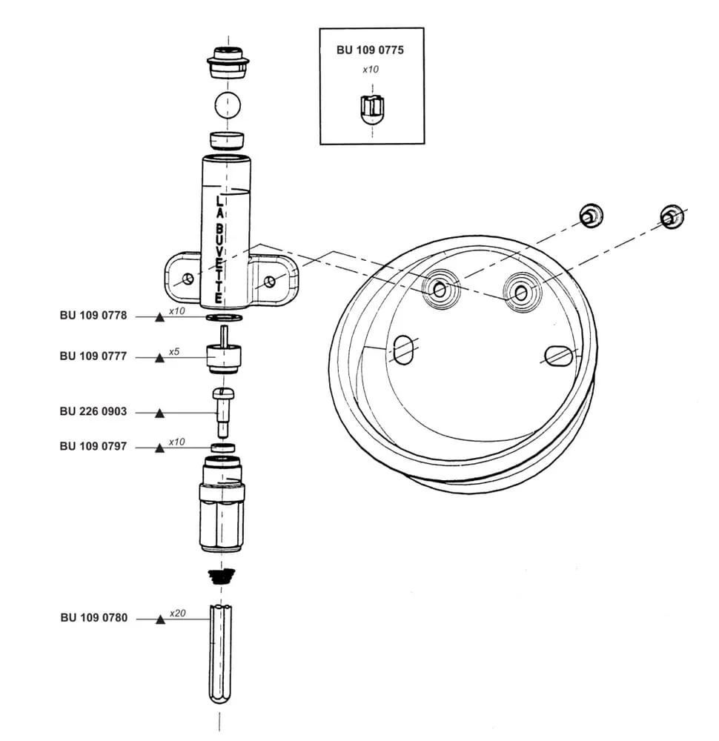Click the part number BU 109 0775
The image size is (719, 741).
[x=370, y=50]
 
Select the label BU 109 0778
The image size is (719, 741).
[x=93, y=315]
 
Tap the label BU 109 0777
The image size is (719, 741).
[x=93, y=356]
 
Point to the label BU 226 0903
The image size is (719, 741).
[x=93, y=411]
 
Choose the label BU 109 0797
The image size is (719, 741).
[x=93, y=446]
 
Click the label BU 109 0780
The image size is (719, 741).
[x=94, y=618]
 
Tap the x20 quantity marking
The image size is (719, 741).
[x=177, y=613]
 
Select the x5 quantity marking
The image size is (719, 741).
[x=174, y=351]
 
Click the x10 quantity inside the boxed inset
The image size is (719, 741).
[x=371, y=70]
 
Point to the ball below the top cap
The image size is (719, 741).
[x=228, y=105]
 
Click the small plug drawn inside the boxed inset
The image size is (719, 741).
[x=373, y=110]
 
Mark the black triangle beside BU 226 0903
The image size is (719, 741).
[x=160, y=413]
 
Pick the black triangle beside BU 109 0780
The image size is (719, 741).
[x=161, y=619]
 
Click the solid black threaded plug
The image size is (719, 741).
[x=221, y=576]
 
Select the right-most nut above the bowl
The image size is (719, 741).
[x=672, y=217]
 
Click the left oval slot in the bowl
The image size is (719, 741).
[x=403, y=350]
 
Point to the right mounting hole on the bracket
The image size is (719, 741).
[x=270, y=282]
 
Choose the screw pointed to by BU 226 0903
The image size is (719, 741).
[x=223, y=412]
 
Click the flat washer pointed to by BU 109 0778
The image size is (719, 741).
[x=225, y=316]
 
